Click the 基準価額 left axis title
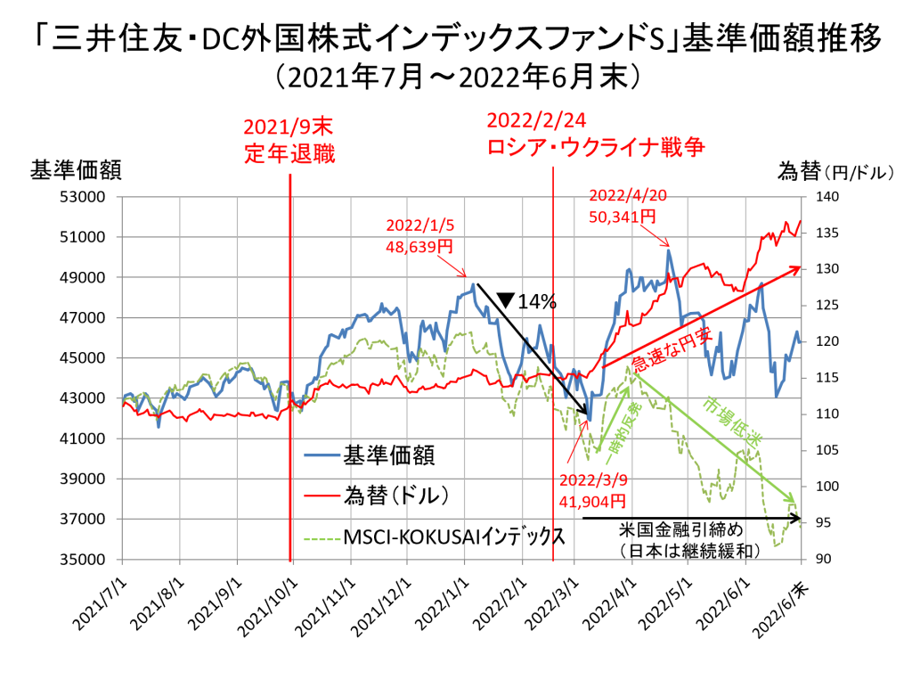pyautogui.click(x=77, y=170)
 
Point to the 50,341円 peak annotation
pyautogui.click(x=622, y=217)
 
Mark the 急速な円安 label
pyautogui.click(x=665, y=350)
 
